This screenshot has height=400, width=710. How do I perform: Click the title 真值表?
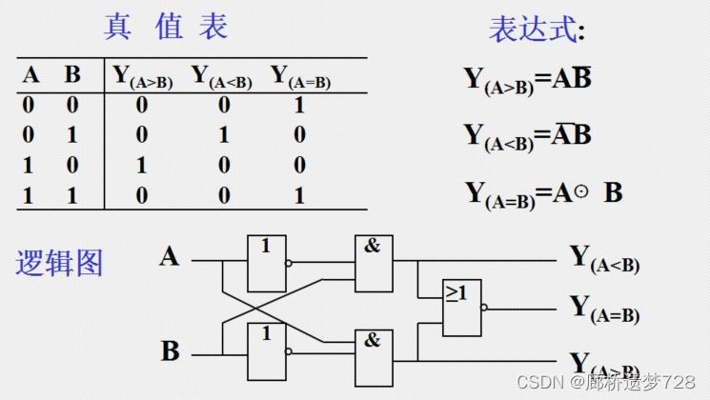pyautogui.click(x=166, y=27)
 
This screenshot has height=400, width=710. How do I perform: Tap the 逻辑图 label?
pyautogui.click(x=59, y=262)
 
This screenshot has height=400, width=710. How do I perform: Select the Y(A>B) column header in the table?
pyautogui.click(x=143, y=76)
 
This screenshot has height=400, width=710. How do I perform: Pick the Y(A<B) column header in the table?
pyautogui.click(x=222, y=76)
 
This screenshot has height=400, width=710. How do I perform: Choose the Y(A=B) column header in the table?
pyautogui.click(x=301, y=76)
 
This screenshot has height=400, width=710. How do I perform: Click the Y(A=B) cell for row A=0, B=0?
pyautogui.click(x=299, y=106)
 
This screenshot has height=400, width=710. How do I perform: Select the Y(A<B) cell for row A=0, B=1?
pyautogui.click(x=224, y=135)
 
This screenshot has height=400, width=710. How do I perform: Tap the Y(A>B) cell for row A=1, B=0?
pyautogui.click(x=142, y=165)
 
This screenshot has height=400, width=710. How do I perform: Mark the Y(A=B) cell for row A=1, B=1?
pyautogui.click(x=299, y=195)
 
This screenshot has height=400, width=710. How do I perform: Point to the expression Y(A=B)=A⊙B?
pyautogui.click(x=543, y=194)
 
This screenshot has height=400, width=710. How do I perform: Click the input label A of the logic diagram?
pyautogui.click(x=170, y=256)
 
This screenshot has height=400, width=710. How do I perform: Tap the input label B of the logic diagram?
pyautogui.click(x=170, y=350)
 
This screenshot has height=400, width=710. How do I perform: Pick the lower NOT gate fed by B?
pyautogui.click(x=266, y=351)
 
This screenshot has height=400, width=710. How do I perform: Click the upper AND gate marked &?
pyautogui.click(x=373, y=263)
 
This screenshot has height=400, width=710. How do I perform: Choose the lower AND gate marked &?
pyautogui.click(x=373, y=356)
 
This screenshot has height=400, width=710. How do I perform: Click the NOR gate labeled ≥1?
pyautogui.click(x=462, y=308)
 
